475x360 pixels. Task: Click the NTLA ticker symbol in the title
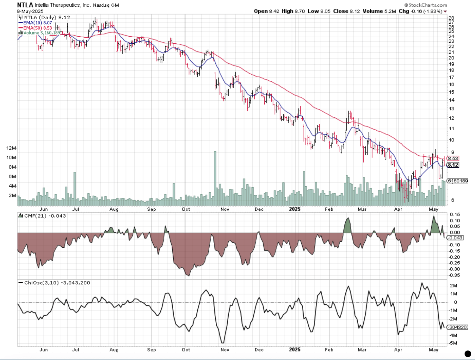(x=25, y=5)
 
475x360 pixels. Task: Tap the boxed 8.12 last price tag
(x=453, y=165)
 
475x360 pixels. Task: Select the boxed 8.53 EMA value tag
(x=453, y=158)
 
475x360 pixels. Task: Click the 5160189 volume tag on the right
(x=458, y=181)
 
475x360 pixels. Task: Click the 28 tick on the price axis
(x=451, y=18)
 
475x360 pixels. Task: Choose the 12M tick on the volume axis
(x=11, y=148)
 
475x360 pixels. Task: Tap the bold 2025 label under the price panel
(x=295, y=209)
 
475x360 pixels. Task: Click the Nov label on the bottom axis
(x=225, y=350)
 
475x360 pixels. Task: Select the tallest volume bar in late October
(x=215, y=177)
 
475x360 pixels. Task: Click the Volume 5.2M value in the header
(x=379, y=11)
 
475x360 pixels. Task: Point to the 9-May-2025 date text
(x=30, y=11)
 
